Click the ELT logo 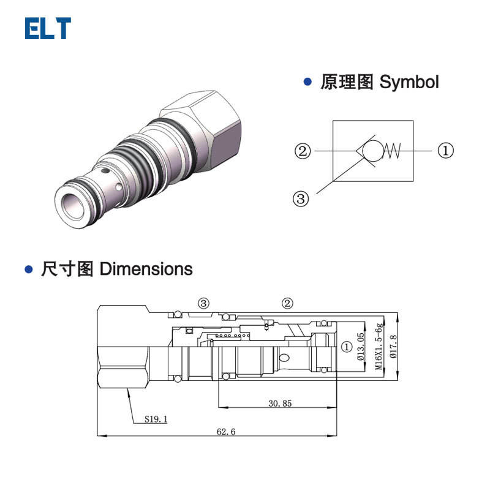(48, 29)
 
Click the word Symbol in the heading (409, 82)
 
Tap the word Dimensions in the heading (146, 269)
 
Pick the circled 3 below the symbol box (300, 198)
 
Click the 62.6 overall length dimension (225, 431)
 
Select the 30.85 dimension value (279, 403)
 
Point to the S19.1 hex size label (156, 420)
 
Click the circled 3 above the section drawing (203, 303)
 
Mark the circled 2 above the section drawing (287, 303)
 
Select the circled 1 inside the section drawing (347, 347)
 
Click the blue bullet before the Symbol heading (309, 81)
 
